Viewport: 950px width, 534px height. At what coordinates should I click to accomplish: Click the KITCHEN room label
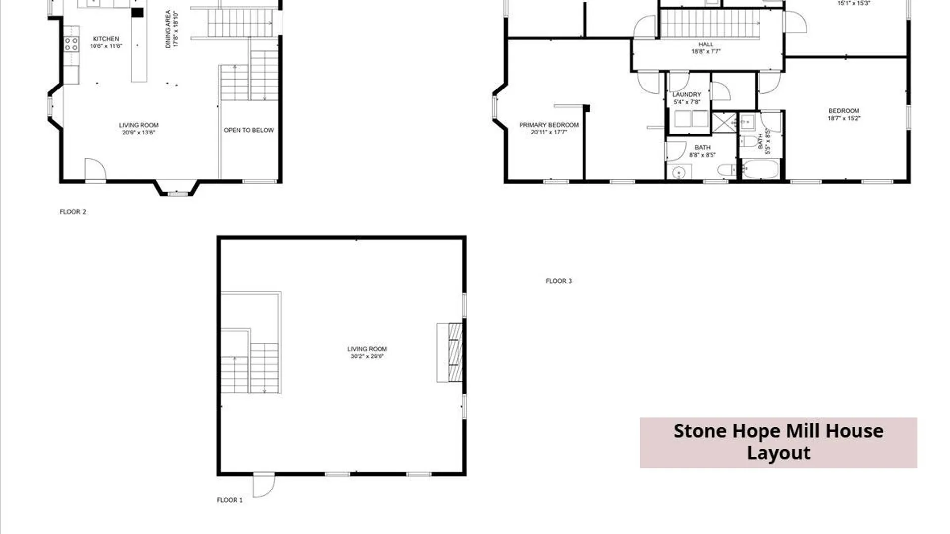106,39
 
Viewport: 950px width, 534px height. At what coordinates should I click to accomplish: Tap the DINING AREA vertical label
168,30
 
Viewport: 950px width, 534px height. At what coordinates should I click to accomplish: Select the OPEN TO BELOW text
248,130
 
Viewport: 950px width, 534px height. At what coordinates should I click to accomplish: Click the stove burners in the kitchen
71,44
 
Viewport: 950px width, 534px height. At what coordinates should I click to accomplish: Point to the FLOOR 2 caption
73,212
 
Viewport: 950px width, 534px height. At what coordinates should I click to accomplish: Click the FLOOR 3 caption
559,281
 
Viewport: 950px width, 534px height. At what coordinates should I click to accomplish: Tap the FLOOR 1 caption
230,500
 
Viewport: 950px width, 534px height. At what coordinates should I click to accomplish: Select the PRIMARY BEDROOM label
549,125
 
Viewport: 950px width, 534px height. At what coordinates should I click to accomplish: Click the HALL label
706,44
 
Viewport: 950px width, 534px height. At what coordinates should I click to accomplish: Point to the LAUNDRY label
687,95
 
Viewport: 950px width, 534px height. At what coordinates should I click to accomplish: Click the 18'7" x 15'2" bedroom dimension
844,118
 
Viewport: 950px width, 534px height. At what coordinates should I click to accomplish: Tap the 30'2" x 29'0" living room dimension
367,356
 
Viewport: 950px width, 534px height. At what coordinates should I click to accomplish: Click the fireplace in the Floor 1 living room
450,353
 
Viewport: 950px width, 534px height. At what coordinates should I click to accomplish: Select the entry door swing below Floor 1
264,485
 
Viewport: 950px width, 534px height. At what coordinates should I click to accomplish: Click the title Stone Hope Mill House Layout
778,442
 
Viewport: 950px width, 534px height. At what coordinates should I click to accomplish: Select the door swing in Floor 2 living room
95,170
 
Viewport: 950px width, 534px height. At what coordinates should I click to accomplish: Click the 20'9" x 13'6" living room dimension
139,133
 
